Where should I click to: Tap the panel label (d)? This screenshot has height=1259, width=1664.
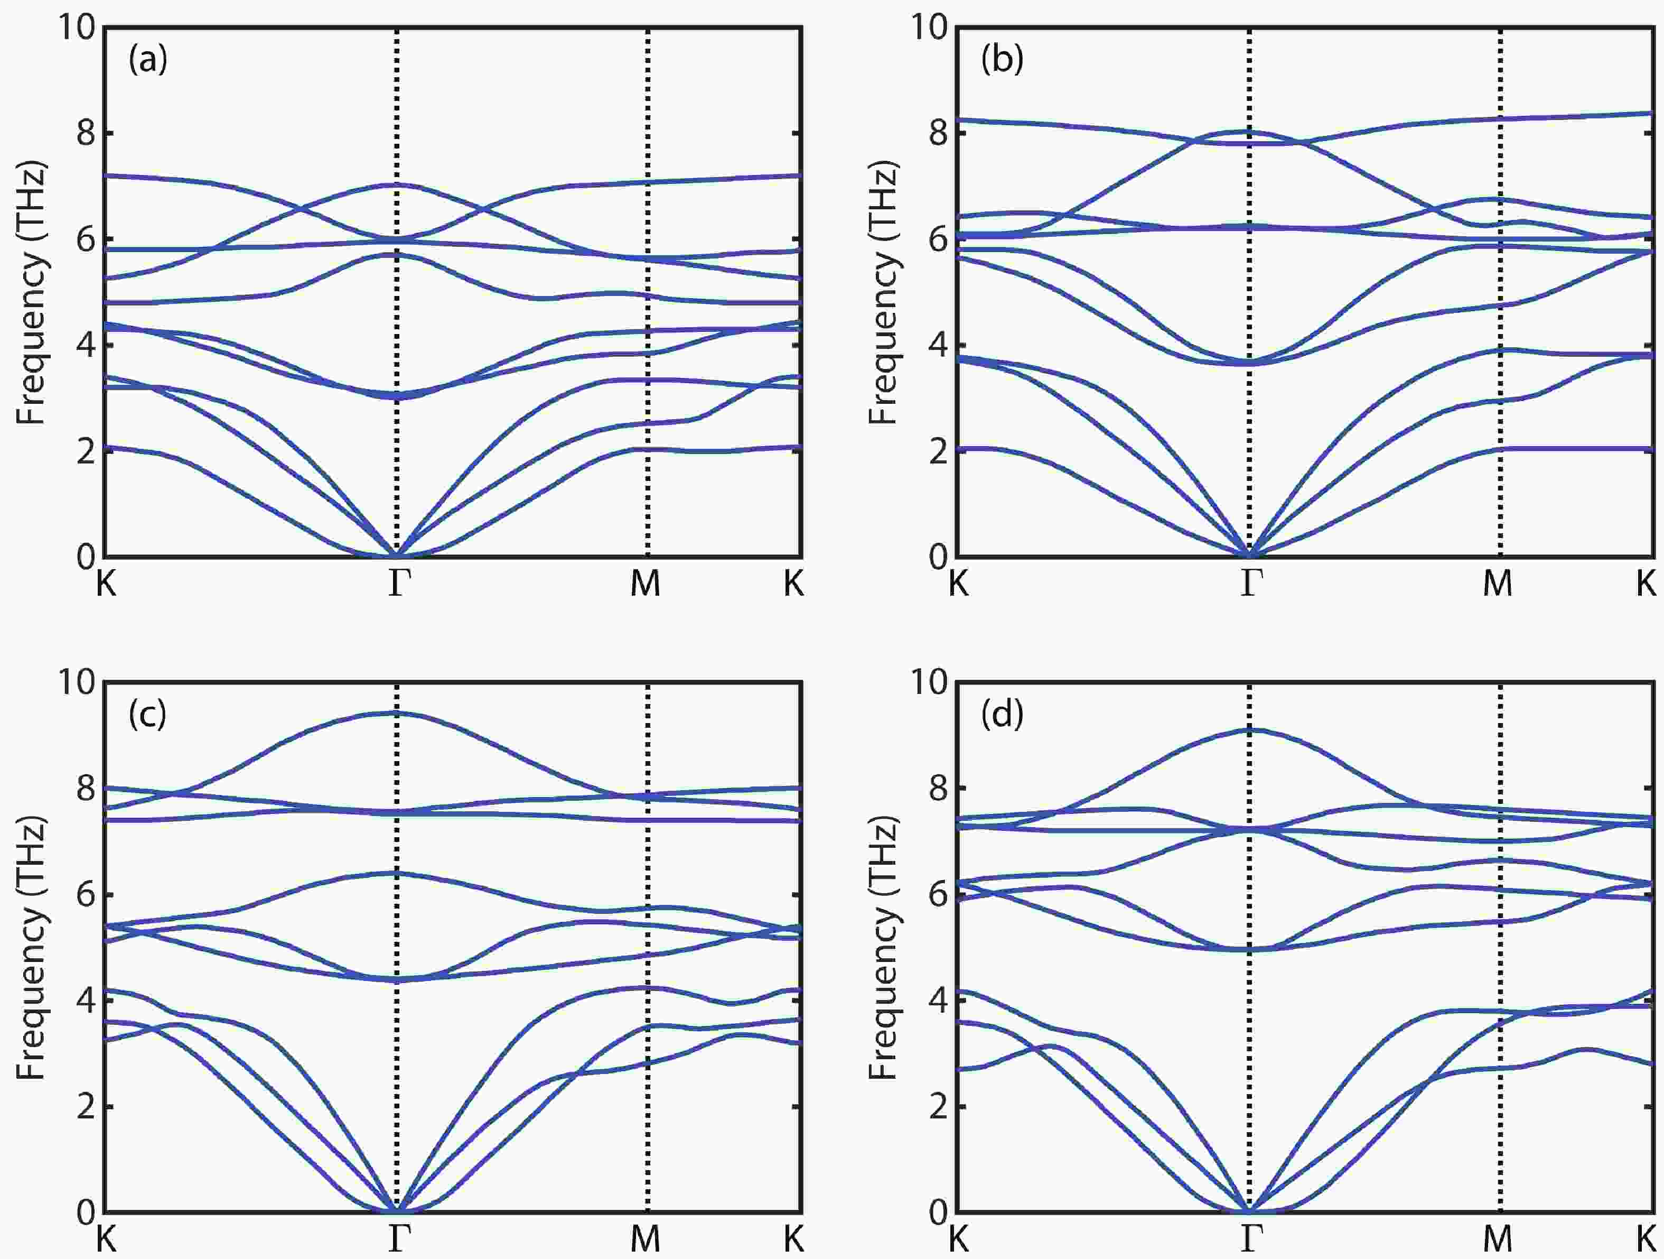1002,714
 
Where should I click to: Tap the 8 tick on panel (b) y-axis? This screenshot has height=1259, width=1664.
937,133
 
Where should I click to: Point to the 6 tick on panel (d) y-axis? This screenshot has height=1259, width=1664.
937,895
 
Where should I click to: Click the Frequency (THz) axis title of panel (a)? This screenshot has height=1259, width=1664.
32,293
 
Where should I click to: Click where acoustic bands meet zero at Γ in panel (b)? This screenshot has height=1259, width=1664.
1249,556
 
